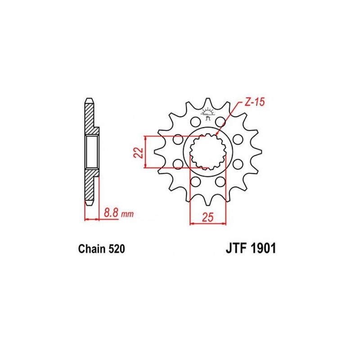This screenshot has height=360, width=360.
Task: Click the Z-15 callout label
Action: (x=254, y=102)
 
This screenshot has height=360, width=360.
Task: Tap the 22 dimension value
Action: (x=139, y=152)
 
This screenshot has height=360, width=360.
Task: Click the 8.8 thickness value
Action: (x=111, y=212)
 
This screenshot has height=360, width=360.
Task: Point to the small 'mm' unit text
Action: (x=127, y=214)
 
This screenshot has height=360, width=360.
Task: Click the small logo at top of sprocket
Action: (x=208, y=114)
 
